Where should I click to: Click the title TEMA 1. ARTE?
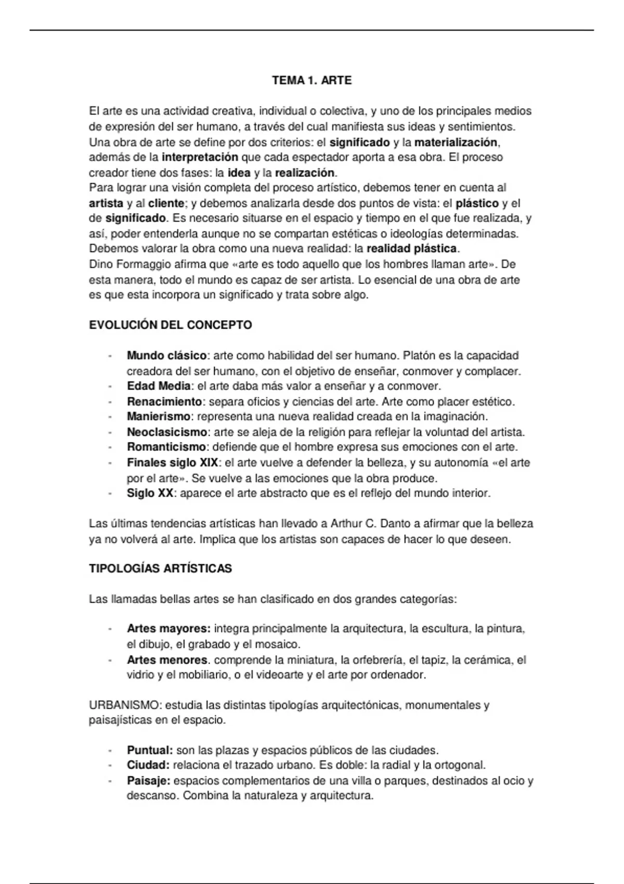click(311, 81)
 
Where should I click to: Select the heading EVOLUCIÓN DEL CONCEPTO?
click(171, 326)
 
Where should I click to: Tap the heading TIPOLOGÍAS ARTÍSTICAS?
click(160, 568)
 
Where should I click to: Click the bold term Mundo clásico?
click(166, 356)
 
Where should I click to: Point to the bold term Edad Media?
click(159, 386)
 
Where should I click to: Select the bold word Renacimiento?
click(164, 402)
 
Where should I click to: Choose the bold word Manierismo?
click(159, 417)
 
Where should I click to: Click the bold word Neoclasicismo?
click(167, 432)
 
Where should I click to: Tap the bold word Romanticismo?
click(166, 447)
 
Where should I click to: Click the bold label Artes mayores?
click(168, 629)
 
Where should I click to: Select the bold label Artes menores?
click(167, 660)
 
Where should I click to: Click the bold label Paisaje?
click(148, 781)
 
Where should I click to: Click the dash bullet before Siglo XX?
click(110, 493)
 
